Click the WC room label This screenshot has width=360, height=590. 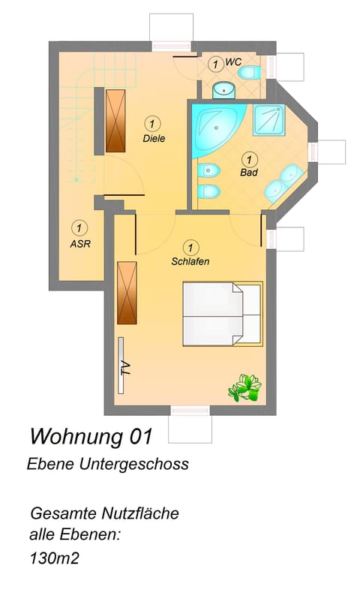click(x=233, y=63)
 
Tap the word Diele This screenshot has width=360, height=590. click(x=154, y=138)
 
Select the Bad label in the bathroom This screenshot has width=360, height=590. click(x=248, y=173)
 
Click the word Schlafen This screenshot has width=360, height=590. click(x=190, y=262)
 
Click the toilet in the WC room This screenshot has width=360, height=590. click(x=253, y=72)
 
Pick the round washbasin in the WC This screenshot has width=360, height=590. click(x=222, y=90)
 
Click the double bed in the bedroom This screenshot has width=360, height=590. click(x=222, y=313)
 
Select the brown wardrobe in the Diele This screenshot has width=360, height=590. click(x=115, y=119)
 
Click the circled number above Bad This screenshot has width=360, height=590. click(x=248, y=158)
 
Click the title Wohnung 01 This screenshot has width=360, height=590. click(x=91, y=435)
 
